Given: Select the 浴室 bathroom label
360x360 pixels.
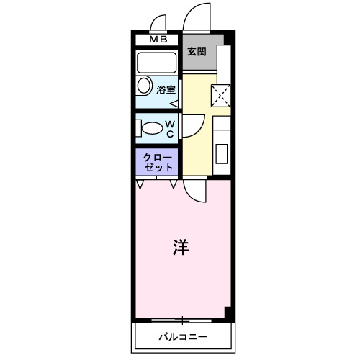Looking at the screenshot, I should [166, 90].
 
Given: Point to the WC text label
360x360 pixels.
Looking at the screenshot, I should [170, 128].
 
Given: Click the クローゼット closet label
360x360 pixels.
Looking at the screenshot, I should [158, 162].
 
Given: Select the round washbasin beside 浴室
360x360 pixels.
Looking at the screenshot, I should [143, 88].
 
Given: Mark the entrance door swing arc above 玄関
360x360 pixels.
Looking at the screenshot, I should [192, 19].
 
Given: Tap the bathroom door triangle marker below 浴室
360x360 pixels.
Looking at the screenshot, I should [174, 102].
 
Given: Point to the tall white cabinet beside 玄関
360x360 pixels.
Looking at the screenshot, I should [223, 65].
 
